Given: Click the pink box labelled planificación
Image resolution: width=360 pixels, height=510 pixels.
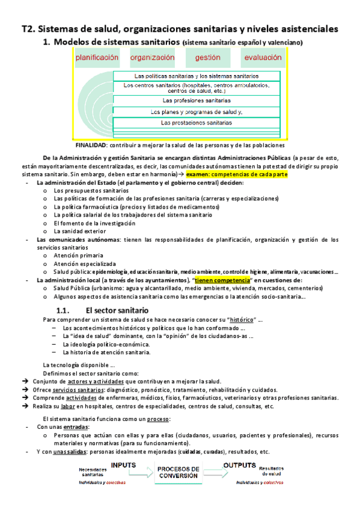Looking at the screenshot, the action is (97, 58).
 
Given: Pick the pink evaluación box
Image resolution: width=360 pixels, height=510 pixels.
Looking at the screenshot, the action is (261, 58).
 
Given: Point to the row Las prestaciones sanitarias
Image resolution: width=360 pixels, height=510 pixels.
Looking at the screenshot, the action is (197, 122).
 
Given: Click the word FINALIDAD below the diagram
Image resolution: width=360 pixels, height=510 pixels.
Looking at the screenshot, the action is (91, 145).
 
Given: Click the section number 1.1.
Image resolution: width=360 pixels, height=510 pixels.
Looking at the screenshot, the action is (64, 310).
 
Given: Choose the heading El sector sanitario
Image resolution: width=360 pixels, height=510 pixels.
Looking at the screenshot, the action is (117, 310).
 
